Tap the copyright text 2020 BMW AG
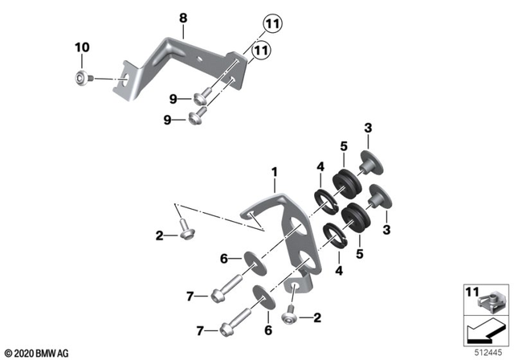click(x=36, y=352)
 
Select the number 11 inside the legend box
click(x=473, y=291)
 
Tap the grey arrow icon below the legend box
click(x=487, y=330)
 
